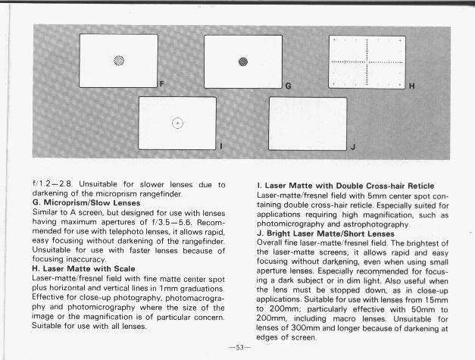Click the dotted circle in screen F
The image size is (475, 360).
(x=119, y=61)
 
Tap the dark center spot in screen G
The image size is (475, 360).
(x=242, y=61)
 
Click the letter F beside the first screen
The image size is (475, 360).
(x=161, y=81)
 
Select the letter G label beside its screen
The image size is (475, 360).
(x=287, y=86)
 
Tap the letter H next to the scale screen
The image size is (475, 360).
(x=411, y=86)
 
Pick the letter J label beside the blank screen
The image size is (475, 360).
(x=352, y=146)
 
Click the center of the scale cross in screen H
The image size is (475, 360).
(x=367, y=60)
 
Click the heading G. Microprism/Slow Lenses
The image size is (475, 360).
(x=86, y=203)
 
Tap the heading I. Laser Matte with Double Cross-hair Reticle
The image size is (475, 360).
(x=345, y=186)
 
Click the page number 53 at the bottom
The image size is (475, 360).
(x=242, y=347)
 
